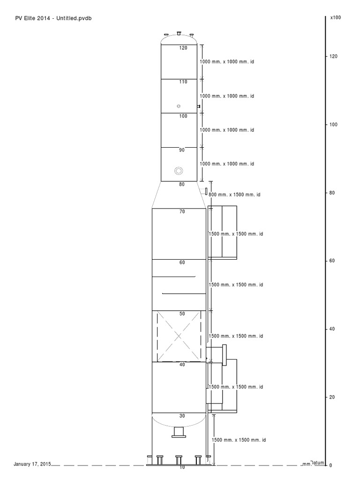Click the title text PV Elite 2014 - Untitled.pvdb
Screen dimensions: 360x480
tap(53, 18)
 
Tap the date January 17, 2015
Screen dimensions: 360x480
tap(32, 464)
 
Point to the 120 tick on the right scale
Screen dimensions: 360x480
tap(333, 56)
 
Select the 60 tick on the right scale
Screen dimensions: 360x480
tap(332, 261)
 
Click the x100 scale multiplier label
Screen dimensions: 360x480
tap(336, 17)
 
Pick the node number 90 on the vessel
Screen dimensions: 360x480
tap(182, 150)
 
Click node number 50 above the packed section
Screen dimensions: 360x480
tap(182, 314)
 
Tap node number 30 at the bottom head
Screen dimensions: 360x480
tap(182, 416)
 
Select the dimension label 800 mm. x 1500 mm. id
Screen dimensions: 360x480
tap(234, 195)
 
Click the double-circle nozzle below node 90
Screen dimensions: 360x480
tap(179, 171)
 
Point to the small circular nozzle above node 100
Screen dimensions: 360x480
tap(179, 106)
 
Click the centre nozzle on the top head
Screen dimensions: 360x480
tap(179, 33)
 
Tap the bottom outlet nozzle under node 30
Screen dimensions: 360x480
tap(179, 432)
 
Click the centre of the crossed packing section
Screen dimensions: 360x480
tap(179, 336)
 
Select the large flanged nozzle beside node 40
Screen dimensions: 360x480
tap(225, 355)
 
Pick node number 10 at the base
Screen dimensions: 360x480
tap(182, 467)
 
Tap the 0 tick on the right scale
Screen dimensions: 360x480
tap(330, 465)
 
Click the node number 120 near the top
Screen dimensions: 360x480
tap(183, 48)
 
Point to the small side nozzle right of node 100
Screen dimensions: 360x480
tap(199, 106)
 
